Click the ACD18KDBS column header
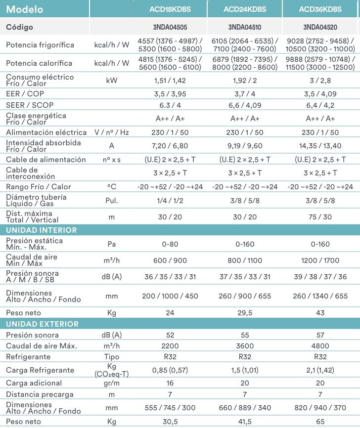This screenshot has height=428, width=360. click(x=170, y=9)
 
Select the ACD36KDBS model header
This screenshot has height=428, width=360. click(x=320, y=9)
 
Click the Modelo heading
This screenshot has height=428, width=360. click(x=24, y=9)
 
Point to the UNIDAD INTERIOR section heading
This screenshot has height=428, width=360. click(x=41, y=230)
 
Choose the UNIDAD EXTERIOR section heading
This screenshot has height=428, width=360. click(x=42, y=324)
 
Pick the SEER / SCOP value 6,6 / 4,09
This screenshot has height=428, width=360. click(x=245, y=105)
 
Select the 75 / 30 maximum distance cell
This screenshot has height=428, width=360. click(x=320, y=216)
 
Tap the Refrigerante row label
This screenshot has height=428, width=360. click(x=28, y=357)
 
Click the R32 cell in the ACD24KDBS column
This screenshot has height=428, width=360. click(x=245, y=357)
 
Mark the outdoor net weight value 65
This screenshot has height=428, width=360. click(x=320, y=422)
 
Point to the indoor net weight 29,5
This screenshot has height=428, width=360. click(x=245, y=313)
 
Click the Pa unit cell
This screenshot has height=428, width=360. click(x=112, y=244)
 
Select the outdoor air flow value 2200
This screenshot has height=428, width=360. click(x=170, y=346)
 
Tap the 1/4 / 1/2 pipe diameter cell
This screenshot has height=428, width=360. click(x=170, y=201)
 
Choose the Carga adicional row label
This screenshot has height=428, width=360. click(x=34, y=383)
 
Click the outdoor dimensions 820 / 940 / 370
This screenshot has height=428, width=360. click(x=320, y=408)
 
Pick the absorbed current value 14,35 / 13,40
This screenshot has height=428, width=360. click(x=320, y=146)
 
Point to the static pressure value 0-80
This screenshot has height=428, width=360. click(x=170, y=244)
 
